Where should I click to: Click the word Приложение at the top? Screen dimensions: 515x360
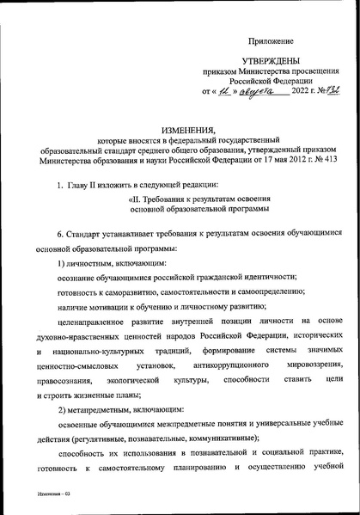point(271,40)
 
